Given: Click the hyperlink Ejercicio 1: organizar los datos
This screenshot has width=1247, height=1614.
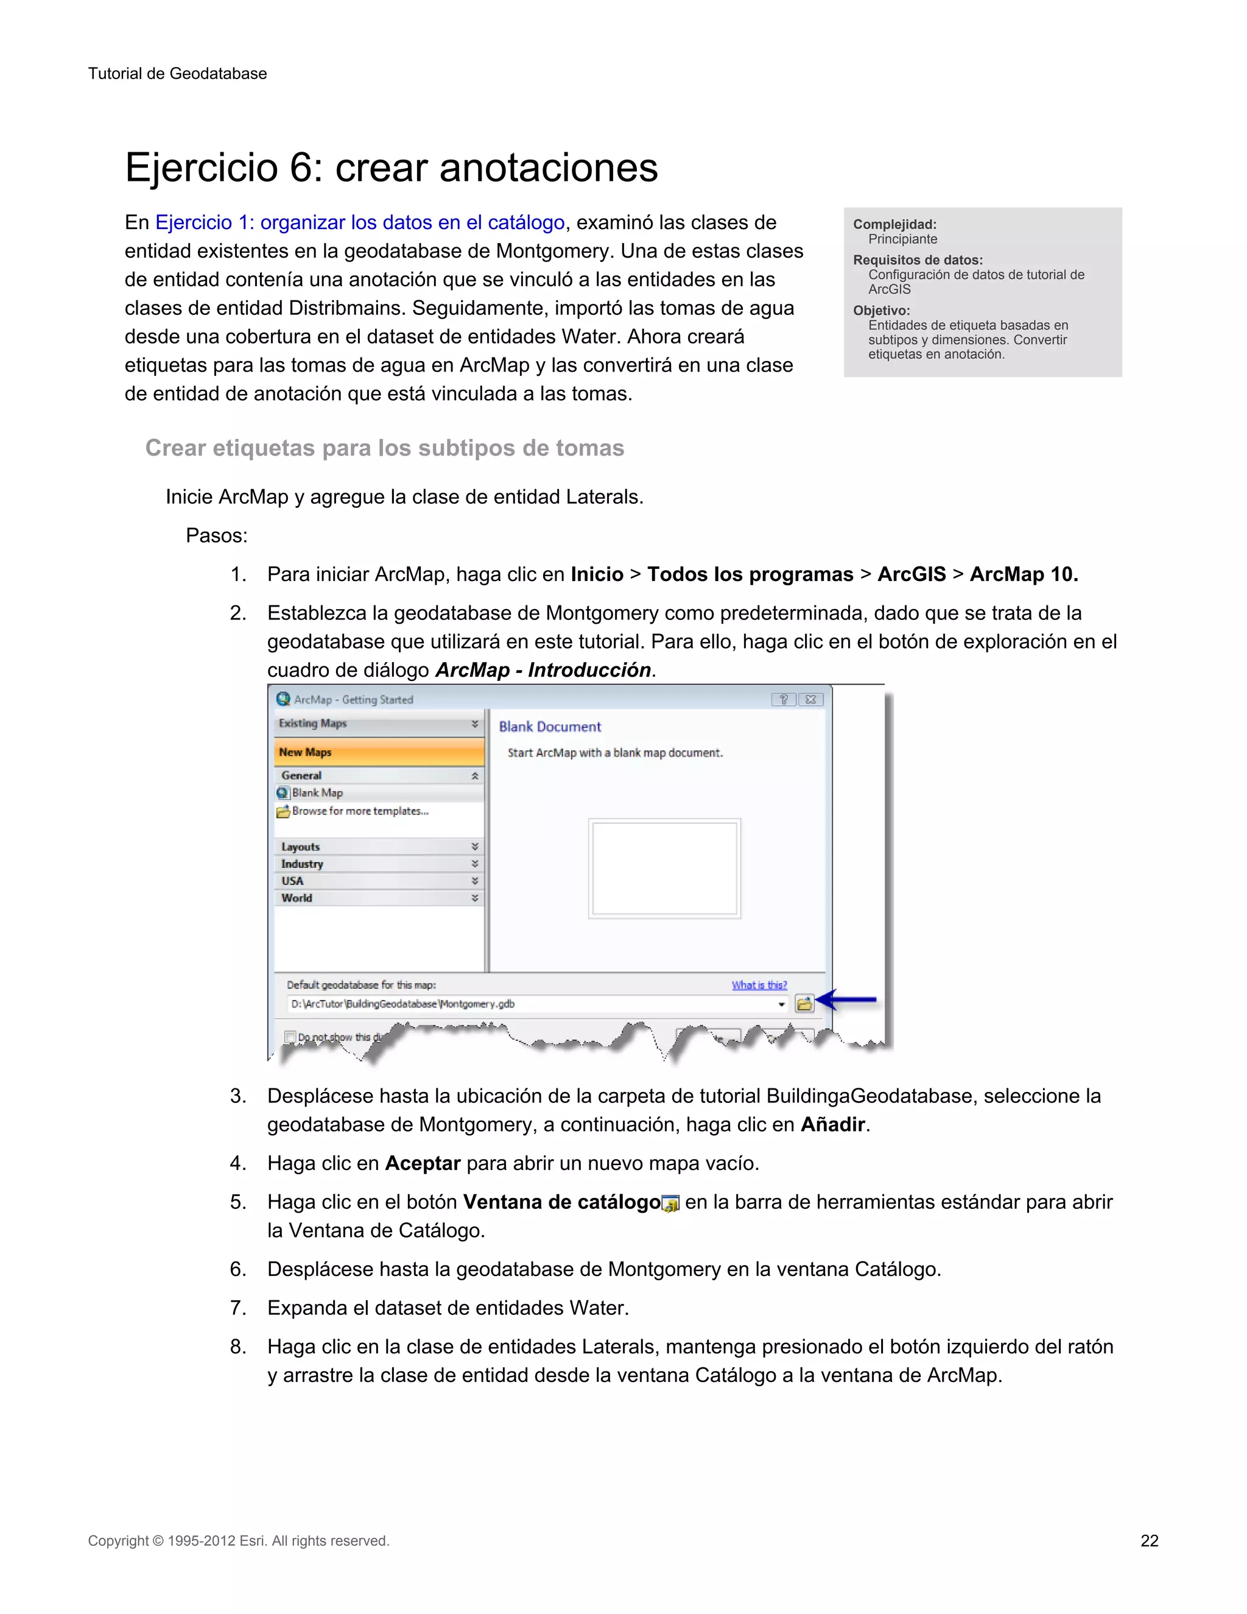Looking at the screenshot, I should [x=360, y=222].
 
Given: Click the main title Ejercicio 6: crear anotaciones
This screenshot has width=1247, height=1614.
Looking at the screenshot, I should [x=391, y=167].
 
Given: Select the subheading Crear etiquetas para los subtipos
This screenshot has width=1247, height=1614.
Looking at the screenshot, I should [x=384, y=448].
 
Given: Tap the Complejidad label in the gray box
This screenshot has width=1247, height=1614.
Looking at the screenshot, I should [x=894, y=224].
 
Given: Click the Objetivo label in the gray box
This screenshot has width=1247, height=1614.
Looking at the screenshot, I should [x=881, y=311].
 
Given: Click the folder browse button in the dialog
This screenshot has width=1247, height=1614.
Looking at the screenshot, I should [x=804, y=1004].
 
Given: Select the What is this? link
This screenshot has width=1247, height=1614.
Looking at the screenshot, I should [x=759, y=985].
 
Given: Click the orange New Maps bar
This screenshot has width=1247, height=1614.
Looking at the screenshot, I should [x=378, y=752].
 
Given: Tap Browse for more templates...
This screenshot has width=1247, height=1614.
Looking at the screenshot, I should [x=359, y=811].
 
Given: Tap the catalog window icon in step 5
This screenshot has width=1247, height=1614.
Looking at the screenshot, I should [x=671, y=1204].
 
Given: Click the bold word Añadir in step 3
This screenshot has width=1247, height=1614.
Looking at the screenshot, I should [x=832, y=1125].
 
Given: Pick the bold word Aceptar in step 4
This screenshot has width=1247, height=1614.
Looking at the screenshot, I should [x=423, y=1163].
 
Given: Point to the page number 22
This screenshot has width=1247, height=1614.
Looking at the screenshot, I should [x=1149, y=1541].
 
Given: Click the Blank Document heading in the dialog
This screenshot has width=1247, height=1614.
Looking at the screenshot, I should [x=550, y=727].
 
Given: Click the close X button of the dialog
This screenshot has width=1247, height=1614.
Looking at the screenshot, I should [x=810, y=699].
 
